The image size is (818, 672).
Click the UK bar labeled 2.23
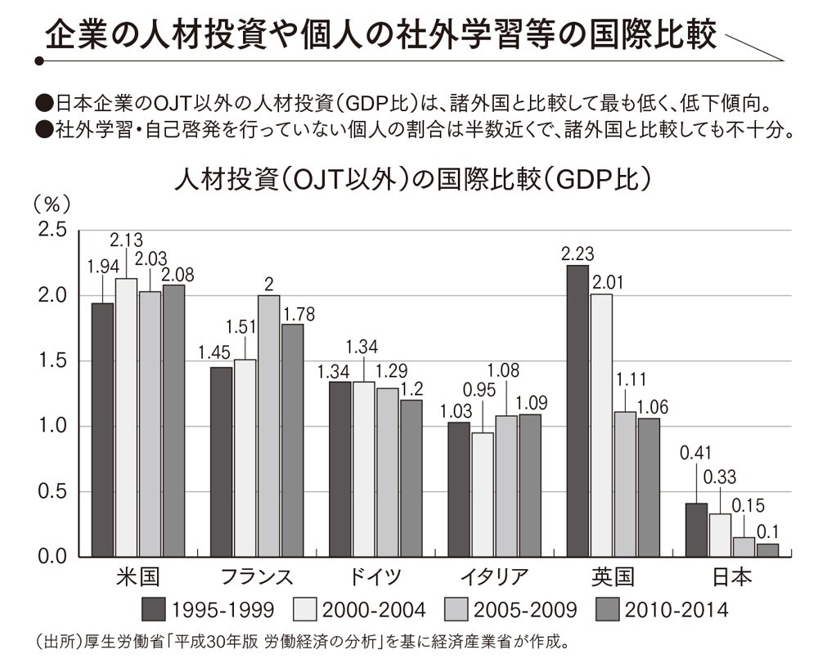(x=577, y=411)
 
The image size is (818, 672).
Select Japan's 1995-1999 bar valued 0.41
(x=695, y=530)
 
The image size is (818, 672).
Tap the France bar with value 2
(x=269, y=426)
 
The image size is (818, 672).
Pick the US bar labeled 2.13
(x=126, y=418)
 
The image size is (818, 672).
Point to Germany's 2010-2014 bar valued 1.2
(x=411, y=478)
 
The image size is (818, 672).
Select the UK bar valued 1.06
(x=649, y=488)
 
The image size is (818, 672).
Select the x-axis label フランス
(x=257, y=577)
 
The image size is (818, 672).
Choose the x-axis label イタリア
(x=494, y=577)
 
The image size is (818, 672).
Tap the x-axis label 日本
(x=732, y=577)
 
